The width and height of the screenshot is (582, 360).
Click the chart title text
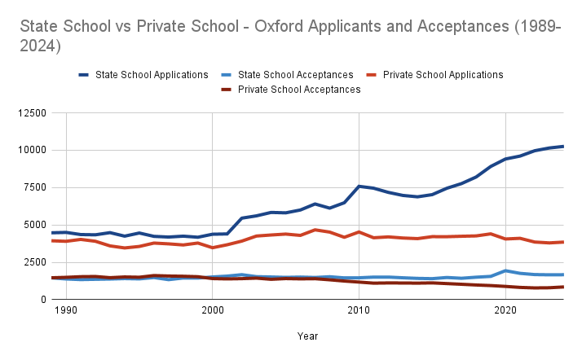(x=289, y=37)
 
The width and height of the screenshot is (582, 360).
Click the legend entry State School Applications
(x=152, y=75)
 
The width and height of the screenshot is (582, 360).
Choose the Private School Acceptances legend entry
(x=298, y=90)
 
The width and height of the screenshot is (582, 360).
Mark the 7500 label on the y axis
(x=33, y=187)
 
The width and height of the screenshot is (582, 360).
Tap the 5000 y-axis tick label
(x=33, y=225)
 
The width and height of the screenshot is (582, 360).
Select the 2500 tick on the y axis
(x=33, y=262)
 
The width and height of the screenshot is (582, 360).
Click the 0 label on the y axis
(x=42, y=300)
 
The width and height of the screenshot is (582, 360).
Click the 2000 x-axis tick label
(x=212, y=310)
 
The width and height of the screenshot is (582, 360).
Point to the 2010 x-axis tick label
(x=359, y=310)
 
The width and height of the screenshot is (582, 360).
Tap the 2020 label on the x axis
(x=505, y=310)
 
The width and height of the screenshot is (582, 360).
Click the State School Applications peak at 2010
(x=359, y=186)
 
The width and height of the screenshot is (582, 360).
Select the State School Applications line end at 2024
(x=563, y=147)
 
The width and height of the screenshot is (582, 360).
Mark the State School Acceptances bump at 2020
(x=505, y=270)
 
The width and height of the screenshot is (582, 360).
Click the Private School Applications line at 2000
(x=212, y=248)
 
